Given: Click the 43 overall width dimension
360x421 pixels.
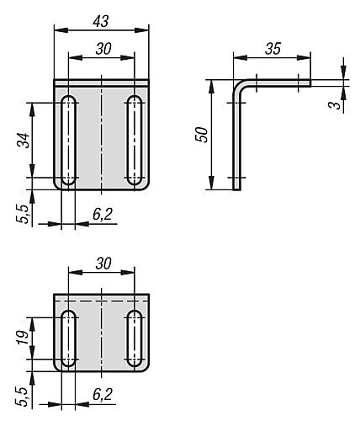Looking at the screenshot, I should point(101,18).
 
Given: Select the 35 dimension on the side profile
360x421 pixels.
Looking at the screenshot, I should point(272,49).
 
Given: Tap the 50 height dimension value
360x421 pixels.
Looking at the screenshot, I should point(202,136).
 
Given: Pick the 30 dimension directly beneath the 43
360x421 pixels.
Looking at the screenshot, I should point(103,49).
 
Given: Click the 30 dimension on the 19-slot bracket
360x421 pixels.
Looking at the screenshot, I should point(103,263).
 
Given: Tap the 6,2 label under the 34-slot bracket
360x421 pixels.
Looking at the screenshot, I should point(103,216).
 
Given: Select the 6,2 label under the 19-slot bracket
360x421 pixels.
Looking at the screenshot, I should point(103,394).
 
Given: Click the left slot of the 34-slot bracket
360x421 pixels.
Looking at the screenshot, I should point(68,141).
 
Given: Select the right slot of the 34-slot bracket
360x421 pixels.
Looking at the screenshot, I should point(133,141).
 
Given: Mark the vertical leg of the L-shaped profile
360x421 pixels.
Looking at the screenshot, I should point(236,143).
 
